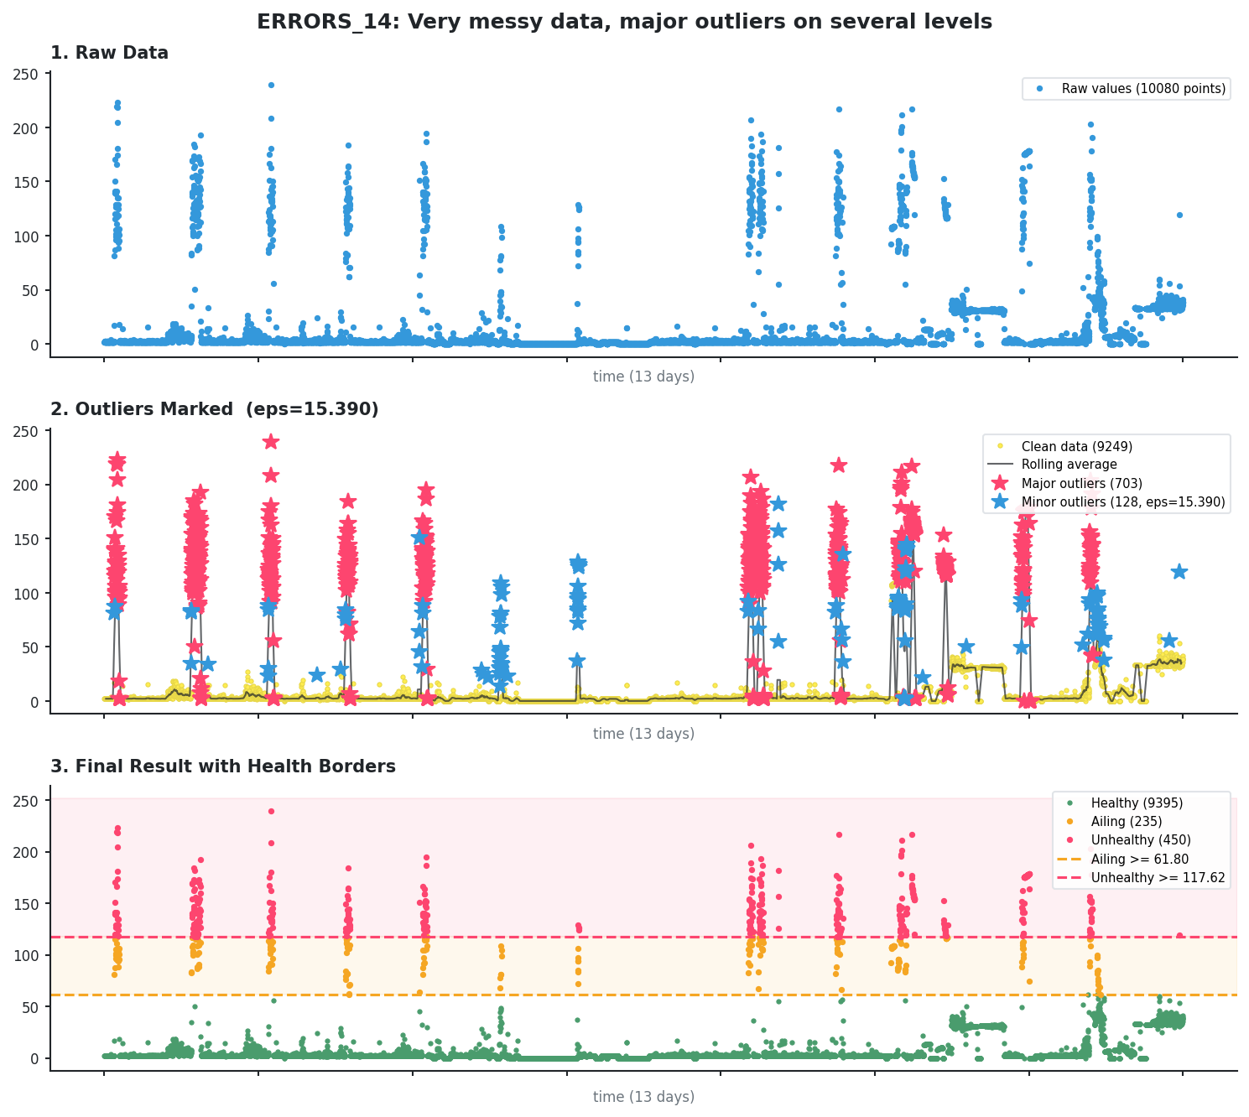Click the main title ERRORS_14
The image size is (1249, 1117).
click(624, 22)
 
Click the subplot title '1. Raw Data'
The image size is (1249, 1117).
click(109, 53)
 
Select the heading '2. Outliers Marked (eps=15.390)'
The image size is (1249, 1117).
click(214, 409)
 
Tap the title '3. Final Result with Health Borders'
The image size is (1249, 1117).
click(222, 766)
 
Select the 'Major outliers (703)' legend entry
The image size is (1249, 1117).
click(1081, 483)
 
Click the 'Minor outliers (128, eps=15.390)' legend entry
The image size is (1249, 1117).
click(1122, 502)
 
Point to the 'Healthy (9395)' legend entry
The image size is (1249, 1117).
click(1137, 803)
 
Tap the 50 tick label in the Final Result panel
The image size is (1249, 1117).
click(31, 1007)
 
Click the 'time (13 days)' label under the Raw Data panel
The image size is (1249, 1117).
click(643, 377)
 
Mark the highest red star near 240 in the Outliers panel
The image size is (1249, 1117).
click(271, 441)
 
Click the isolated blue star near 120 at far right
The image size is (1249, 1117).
click(1179, 571)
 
